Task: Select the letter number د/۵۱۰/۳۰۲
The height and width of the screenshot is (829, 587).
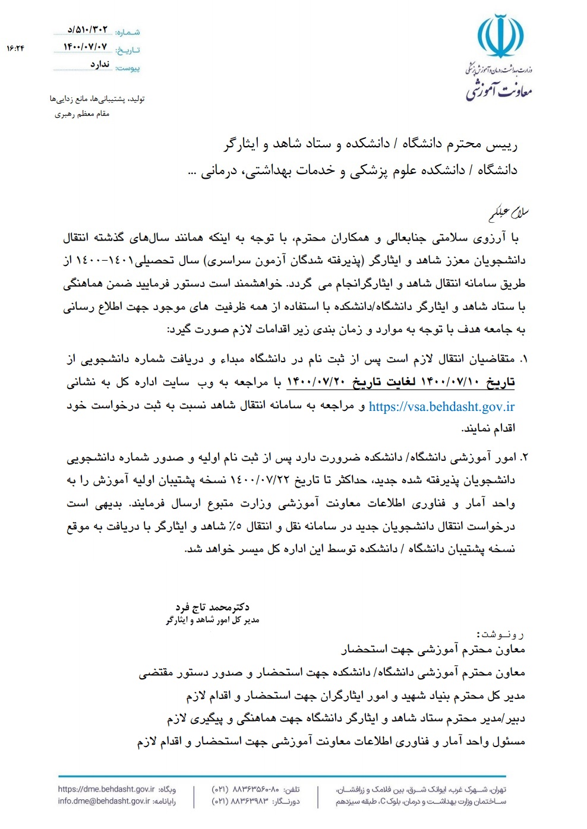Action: [x=88, y=29]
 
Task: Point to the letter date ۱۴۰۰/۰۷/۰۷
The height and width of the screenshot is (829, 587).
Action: [x=86, y=46]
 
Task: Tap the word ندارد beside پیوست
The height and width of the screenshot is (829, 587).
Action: [x=100, y=64]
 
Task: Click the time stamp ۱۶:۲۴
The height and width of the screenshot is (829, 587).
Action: [x=15, y=48]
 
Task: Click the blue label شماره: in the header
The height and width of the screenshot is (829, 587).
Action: [x=128, y=32]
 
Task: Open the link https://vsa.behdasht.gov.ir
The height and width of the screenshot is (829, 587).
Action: [x=441, y=407]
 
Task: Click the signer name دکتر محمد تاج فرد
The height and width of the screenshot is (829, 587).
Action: [x=212, y=607]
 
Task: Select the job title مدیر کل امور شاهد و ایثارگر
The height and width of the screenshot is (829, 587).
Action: [x=212, y=620]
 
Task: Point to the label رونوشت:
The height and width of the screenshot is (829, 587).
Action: [x=500, y=634]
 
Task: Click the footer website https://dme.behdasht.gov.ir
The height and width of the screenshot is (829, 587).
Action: [x=106, y=789]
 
